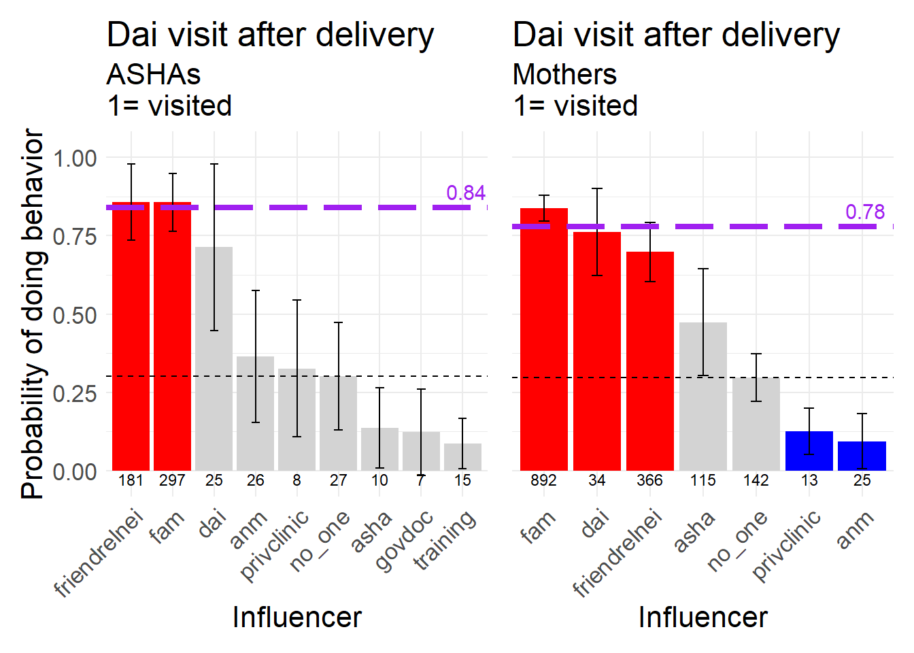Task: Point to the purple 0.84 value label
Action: [x=466, y=193]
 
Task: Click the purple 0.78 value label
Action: [x=865, y=212]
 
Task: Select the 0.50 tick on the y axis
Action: [x=75, y=315]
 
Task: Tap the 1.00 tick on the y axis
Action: [x=75, y=158]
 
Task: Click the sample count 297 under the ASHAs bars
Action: [x=172, y=480]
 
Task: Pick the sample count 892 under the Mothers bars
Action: [x=543, y=480]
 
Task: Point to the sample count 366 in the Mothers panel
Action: [x=649, y=480]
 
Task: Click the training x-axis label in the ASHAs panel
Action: [x=445, y=541]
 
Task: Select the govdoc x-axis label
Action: [x=404, y=541]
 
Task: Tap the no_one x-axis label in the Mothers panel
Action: [x=737, y=541]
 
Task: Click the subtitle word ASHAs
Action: [x=154, y=74]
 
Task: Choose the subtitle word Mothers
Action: [x=564, y=74]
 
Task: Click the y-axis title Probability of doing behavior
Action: [x=33, y=314]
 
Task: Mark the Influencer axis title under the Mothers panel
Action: [x=703, y=618]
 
